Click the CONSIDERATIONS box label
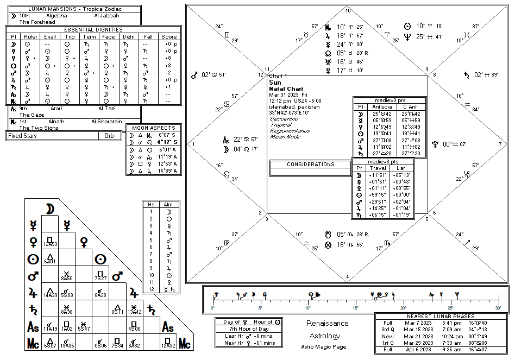[311, 165]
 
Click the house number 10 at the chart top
[348, 11]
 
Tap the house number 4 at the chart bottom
[348, 277]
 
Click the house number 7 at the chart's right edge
[500, 144]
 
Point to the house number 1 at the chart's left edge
[193, 144]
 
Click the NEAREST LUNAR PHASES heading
[441, 316]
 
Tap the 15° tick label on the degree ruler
[356, 307]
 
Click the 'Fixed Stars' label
[22, 136]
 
